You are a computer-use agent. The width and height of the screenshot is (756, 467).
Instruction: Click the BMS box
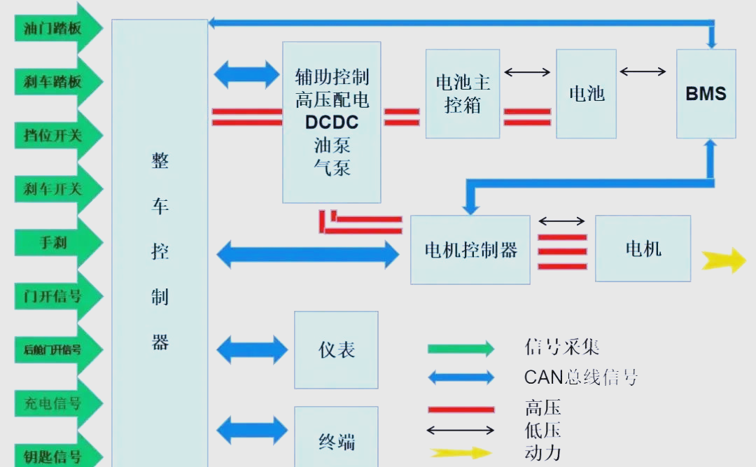(706, 93)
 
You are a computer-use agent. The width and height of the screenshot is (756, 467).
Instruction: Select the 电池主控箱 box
(463, 93)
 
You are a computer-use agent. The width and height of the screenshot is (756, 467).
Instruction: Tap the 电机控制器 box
(470, 250)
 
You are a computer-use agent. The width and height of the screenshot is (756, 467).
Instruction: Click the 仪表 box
(336, 349)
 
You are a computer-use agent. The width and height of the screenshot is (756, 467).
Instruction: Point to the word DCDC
(332, 123)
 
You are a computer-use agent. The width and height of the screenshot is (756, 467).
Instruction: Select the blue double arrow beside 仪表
(251, 350)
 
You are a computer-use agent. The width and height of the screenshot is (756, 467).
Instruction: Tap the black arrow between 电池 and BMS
(643, 71)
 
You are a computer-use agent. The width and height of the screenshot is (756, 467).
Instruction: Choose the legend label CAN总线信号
(581, 378)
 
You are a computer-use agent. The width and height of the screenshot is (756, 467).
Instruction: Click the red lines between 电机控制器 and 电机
(562, 252)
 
